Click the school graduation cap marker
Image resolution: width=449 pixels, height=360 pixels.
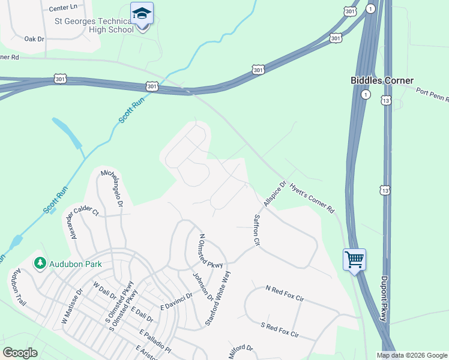[142, 14]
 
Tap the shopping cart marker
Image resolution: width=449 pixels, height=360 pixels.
[354, 260]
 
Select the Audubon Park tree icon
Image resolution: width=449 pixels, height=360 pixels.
[40, 263]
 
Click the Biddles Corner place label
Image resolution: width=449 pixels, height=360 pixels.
[382, 80]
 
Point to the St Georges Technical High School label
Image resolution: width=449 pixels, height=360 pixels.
[94, 25]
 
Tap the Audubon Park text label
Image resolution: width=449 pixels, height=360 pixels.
[76, 264]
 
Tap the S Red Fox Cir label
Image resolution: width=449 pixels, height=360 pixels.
[279, 329]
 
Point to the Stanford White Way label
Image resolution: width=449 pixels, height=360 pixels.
[218, 298]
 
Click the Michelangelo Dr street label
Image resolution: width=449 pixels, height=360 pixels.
[112, 188]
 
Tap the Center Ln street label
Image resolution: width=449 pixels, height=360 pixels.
[64, 8]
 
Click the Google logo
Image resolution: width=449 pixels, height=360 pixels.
[20, 353]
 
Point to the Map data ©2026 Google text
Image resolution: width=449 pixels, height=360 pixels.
[412, 355]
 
